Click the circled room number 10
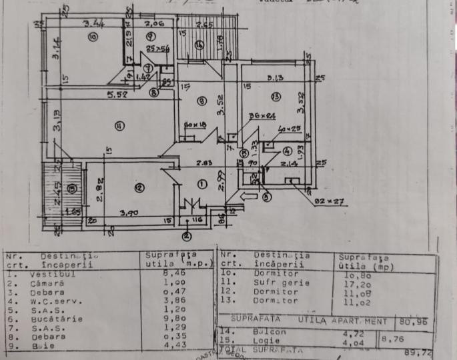[x=93, y=37]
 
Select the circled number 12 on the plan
[x=139, y=189]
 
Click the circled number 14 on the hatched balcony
[x=199, y=45]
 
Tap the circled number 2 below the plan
[x=187, y=235]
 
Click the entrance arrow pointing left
[x=247, y=197]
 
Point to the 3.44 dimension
[x=93, y=25]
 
